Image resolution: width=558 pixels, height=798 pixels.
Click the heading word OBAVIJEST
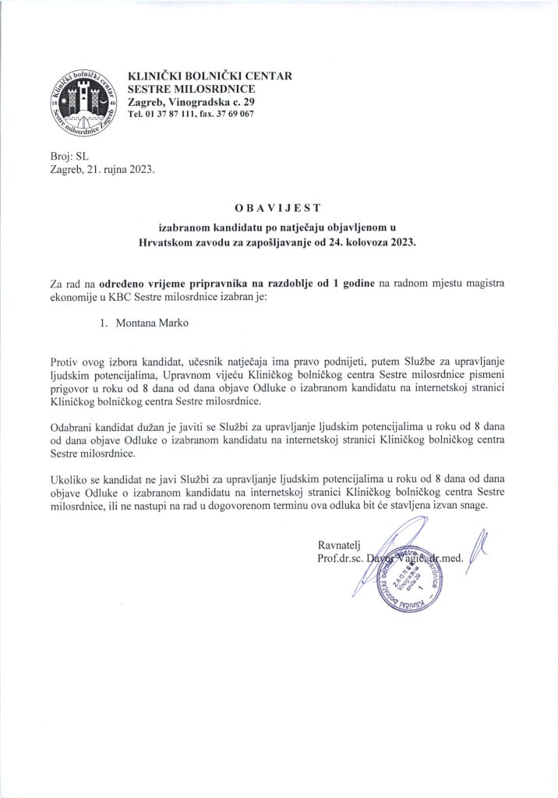tap(278, 209)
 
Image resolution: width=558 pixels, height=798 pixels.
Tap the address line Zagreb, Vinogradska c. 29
tap(190, 102)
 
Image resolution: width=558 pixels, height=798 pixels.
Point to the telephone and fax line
tap(189, 115)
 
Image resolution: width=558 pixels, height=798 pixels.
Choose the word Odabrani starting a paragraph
tap(72, 428)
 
